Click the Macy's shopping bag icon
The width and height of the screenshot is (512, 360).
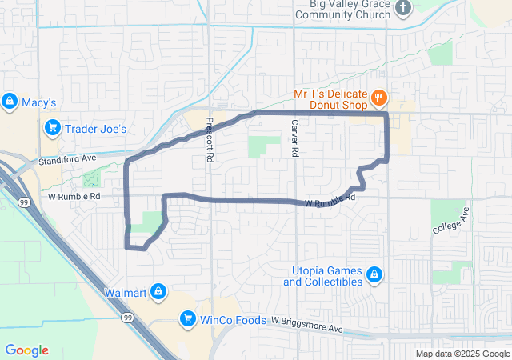tap(9, 102)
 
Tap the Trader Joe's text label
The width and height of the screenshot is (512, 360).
tap(95, 129)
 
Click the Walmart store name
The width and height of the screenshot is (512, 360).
tap(124, 291)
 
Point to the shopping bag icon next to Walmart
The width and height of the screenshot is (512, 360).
tap(158, 290)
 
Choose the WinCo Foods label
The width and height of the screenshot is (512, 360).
tap(232, 320)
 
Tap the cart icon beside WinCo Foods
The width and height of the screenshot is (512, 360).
tap(188, 320)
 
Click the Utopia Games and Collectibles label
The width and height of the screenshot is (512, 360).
tap(322, 276)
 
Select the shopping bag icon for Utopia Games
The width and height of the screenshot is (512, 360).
tap(374, 276)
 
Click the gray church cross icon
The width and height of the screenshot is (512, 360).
tap(404, 9)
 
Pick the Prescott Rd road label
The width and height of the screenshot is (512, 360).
tap(210, 141)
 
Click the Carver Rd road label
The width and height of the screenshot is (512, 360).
tap(294, 137)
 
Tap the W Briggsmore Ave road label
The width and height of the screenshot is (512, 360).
tap(306, 325)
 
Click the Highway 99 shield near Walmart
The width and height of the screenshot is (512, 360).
tap(127, 318)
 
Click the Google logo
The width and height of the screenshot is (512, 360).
tap(26, 350)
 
